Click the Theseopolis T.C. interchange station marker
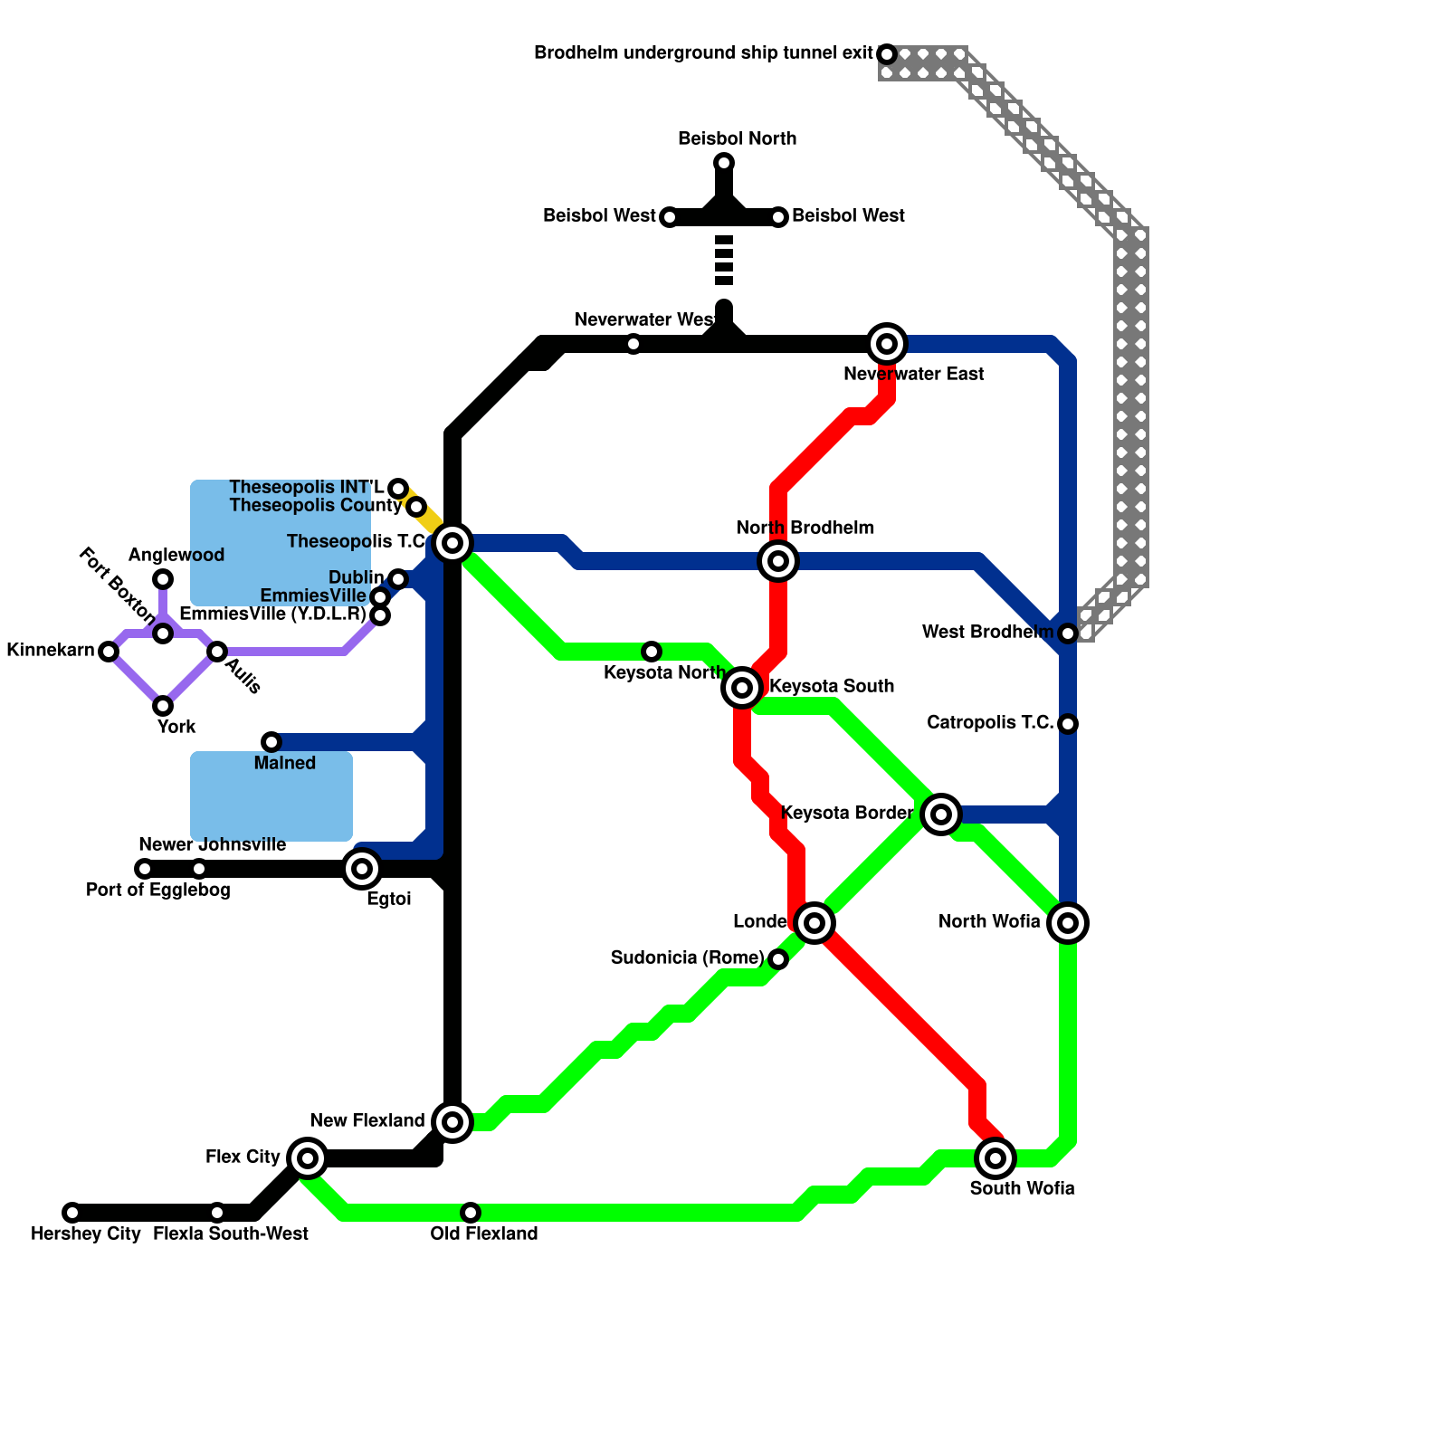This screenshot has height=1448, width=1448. click(452, 543)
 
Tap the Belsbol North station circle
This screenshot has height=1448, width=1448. click(724, 163)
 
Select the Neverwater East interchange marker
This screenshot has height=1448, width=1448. click(887, 344)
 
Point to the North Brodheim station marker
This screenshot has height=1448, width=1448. click(778, 561)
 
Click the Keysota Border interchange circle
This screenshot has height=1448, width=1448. click(941, 814)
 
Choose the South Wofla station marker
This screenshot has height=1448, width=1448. click(995, 1158)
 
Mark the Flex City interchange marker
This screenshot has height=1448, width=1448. click(308, 1157)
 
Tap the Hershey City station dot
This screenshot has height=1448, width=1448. click(72, 1213)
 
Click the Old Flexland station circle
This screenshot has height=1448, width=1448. click(471, 1213)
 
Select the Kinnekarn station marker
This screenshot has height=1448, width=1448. click(109, 652)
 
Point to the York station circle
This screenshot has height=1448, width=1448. click(163, 706)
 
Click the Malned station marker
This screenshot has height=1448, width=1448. click(271, 742)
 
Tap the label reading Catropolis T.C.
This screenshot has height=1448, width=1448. click(990, 723)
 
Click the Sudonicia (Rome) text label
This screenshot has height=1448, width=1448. click(687, 958)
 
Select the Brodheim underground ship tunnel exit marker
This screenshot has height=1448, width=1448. click(887, 54)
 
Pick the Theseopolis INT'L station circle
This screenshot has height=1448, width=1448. click(398, 489)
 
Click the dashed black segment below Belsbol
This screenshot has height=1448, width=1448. click(724, 261)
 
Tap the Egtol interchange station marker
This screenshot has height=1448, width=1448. click(362, 869)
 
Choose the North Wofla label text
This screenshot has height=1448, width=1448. click(989, 922)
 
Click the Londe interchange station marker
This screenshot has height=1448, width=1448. click(814, 923)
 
